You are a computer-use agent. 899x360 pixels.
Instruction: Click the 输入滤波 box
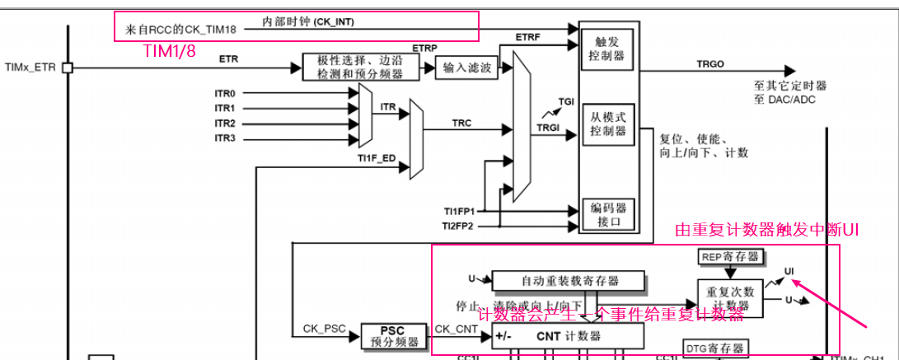pyautogui.click(x=467, y=68)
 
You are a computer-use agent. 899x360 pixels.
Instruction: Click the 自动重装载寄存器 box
pyautogui.click(x=569, y=280)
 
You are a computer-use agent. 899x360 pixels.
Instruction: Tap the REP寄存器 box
pyautogui.click(x=729, y=257)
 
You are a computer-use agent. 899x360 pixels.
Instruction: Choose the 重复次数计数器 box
pyautogui.click(x=729, y=297)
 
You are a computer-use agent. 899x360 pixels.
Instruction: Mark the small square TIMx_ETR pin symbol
pyautogui.click(x=68, y=68)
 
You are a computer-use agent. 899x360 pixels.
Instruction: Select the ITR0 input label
pyautogui.click(x=225, y=93)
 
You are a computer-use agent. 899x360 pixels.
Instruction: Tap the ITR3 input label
pyautogui.click(x=225, y=138)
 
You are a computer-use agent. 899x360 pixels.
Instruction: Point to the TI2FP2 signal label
pyautogui.click(x=458, y=225)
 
